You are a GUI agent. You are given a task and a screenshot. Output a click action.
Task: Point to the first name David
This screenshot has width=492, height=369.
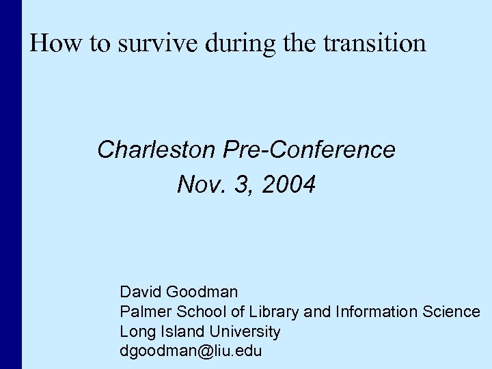pos(141,292)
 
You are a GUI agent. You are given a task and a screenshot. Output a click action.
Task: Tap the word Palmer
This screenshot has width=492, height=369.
pos(144,312)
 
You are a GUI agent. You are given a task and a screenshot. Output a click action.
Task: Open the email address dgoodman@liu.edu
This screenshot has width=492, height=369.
pos(190,352)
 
